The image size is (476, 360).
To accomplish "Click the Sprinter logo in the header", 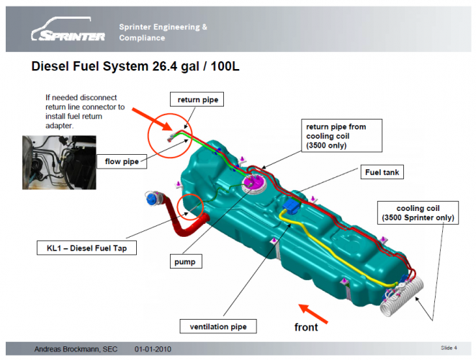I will click(68, 31).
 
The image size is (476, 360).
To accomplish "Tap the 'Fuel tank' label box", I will click(381, 172).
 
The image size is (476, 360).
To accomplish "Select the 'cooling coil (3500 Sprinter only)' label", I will click(417, 212).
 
